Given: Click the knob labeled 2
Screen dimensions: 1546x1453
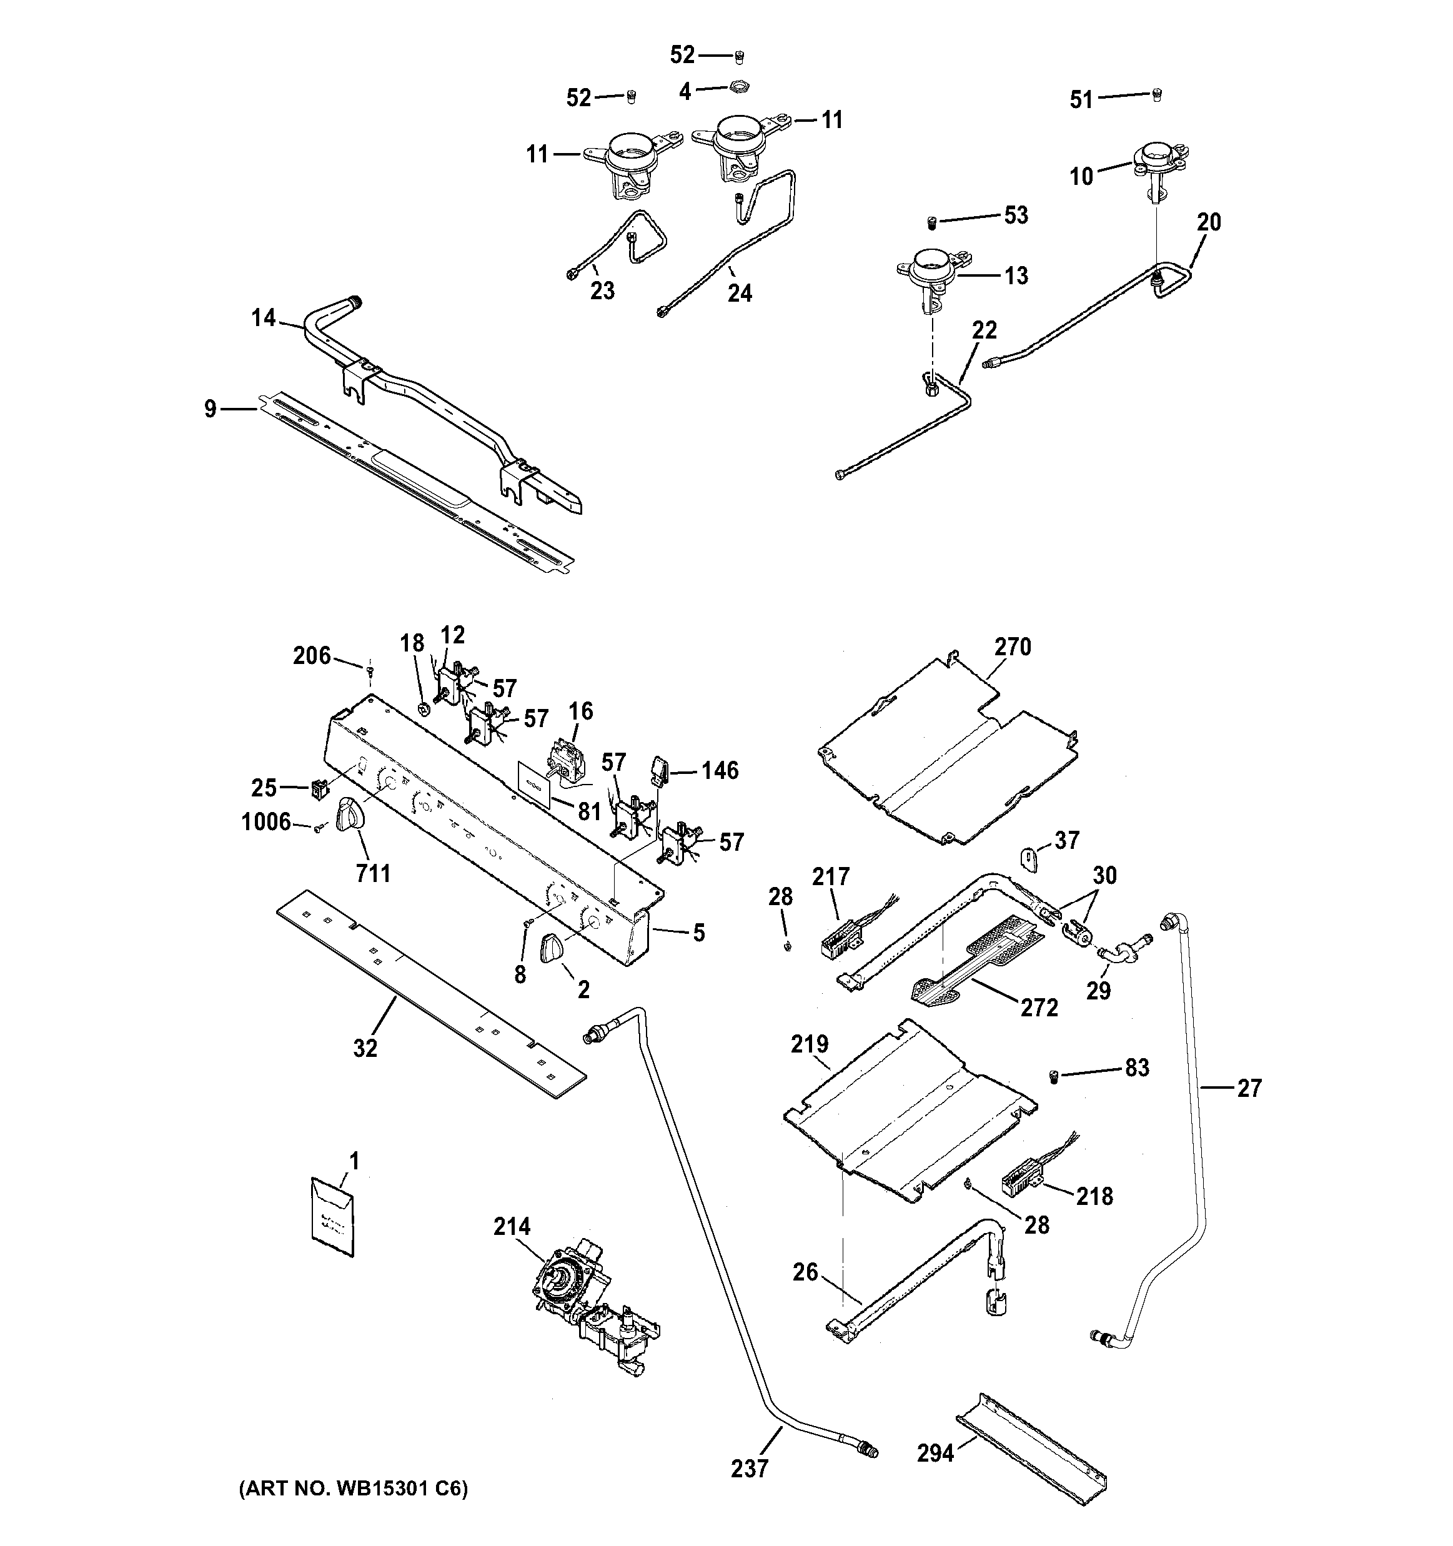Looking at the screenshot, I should point(554,949).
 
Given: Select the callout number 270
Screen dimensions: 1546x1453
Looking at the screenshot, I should point(1012,647).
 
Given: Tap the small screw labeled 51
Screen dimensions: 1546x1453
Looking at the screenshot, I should point(1157,94).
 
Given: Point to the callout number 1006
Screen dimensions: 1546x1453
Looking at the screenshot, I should point(266,822).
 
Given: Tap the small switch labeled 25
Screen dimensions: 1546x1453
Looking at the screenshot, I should point(318,790).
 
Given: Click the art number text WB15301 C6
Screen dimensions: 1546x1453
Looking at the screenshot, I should point(352,1489).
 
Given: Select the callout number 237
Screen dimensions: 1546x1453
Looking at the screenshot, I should point(750,1469).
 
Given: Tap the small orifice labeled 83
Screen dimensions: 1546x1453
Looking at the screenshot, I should point(1054,1076).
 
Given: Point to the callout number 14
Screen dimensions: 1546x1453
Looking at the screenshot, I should point(264,317).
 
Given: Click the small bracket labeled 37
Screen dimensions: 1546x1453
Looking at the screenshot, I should point(1028,860).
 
